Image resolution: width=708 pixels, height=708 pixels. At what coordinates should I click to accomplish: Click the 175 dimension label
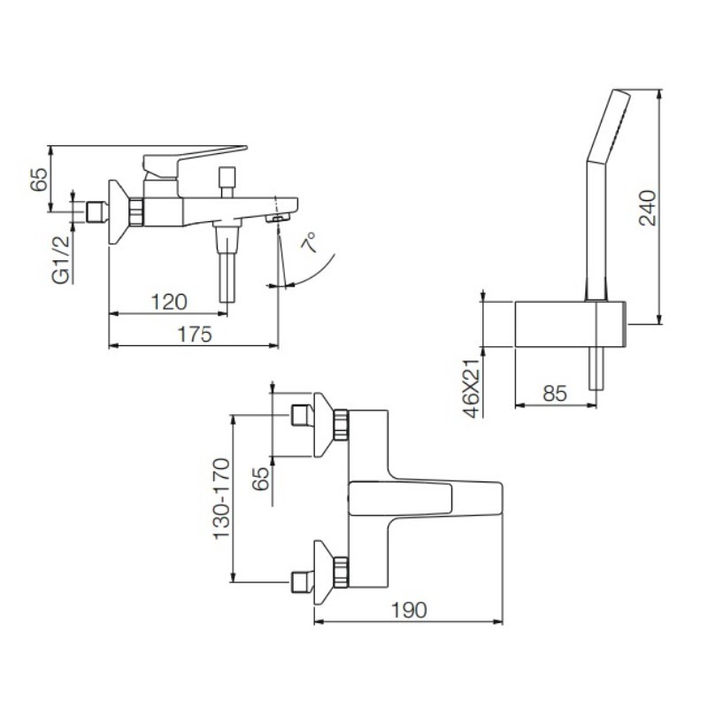click(195, 335)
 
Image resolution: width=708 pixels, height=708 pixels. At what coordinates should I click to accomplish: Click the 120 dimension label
click(168, 302)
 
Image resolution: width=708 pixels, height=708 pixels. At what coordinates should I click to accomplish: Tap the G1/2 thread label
click(61, 259)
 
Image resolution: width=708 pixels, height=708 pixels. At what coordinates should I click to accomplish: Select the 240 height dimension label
click(648, 208)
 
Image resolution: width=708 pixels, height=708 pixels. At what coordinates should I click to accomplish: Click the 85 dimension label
click(555, 393)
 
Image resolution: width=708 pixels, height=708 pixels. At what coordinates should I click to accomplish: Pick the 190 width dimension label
click(408, 610)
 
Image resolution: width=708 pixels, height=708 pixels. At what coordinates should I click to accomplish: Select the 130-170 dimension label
click(221, 498)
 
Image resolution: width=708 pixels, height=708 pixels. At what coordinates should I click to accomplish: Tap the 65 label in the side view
click(39, 180)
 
